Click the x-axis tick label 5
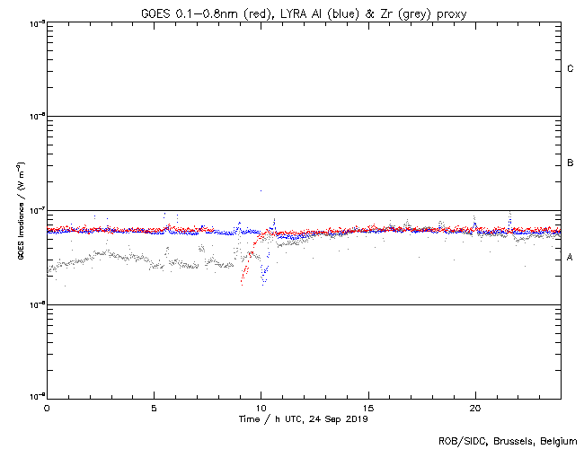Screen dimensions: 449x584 (154, 408)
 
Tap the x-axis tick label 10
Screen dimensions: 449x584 (261, 408)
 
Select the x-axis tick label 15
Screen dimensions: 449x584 (367, 408)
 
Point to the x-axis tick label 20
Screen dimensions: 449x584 (474, 408)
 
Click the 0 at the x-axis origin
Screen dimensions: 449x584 (47, 408)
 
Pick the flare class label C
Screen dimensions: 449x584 (571, 69)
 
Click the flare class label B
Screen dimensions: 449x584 (571, 163)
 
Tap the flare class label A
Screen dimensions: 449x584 (571, 258)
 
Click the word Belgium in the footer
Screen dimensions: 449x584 (557, 441)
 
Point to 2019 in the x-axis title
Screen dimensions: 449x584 (357, 419)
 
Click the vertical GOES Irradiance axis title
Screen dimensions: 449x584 (19, 211)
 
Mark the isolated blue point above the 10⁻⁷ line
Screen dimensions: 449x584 (261, 190)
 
